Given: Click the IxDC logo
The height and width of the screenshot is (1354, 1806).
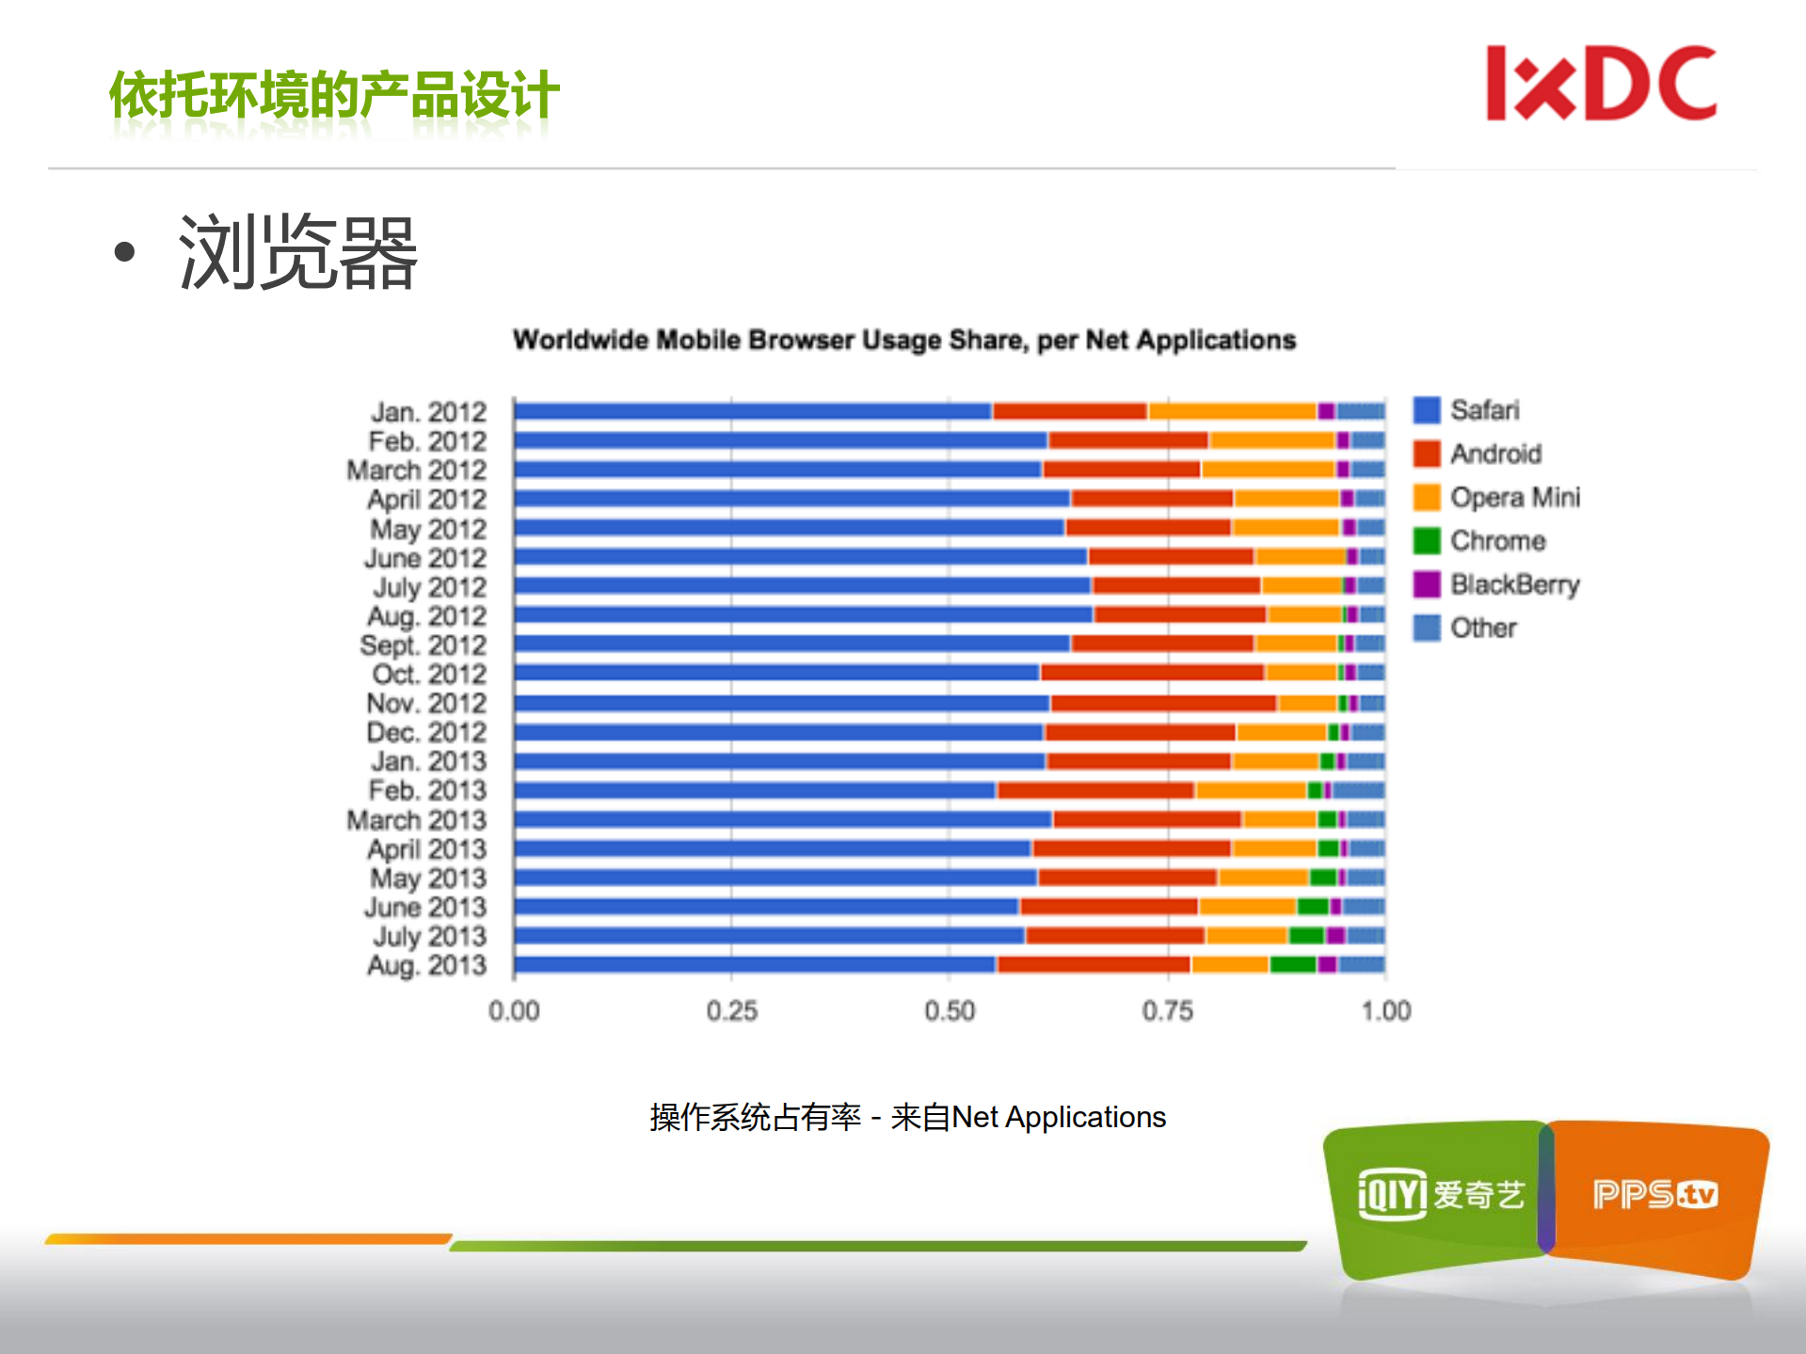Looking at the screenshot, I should tap(1601, 84).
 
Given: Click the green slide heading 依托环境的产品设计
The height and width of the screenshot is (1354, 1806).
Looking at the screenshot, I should tap(334, 95).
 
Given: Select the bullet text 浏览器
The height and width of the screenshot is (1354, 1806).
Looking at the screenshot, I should tap(297, 252).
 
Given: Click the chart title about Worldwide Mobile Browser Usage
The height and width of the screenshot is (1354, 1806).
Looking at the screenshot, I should tap(903, 340).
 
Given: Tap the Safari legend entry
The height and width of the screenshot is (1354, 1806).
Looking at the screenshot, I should tap(1484, 410).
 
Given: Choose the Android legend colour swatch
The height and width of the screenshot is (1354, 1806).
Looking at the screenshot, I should tap(1427, 454).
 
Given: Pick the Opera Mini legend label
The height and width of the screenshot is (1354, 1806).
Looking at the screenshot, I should tap(1514, 497).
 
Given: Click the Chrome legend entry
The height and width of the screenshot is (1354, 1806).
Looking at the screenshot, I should tap(1496, 541).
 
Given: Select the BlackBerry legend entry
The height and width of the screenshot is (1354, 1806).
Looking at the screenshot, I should tap(1513, 584).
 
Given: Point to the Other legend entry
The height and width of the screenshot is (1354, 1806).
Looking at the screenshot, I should tap(1482, 628).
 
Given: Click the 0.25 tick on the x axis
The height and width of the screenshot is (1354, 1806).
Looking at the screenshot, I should tap(731, 1011).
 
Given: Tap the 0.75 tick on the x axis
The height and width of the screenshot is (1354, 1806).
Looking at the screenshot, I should tap(1167, 1011).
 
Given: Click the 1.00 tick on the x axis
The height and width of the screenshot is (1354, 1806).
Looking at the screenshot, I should tap(1385, 1011).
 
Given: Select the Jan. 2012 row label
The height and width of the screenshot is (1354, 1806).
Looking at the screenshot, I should tap(428, 412).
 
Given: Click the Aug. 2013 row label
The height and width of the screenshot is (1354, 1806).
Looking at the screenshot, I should tap(426, 965).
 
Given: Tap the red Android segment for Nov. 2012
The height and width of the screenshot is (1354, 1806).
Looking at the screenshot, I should tap(1163, 703).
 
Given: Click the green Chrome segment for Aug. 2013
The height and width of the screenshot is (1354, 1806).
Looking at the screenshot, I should tap(1292, 964).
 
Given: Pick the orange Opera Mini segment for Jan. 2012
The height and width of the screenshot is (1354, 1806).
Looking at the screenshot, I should tap(1232, 411).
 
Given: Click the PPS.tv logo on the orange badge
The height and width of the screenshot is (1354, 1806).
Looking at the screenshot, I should tap(1654, 1195).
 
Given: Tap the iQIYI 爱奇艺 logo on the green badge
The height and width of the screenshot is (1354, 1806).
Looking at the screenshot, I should tap(1439, 1195).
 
